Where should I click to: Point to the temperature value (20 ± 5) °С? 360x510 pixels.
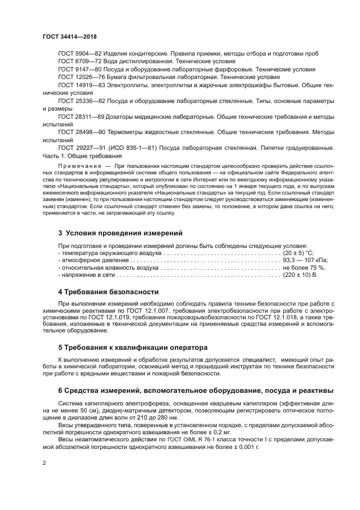[298, 253]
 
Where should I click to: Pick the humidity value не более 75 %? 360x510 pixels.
[303, 269]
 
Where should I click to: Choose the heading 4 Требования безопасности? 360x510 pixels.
[108, 292]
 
